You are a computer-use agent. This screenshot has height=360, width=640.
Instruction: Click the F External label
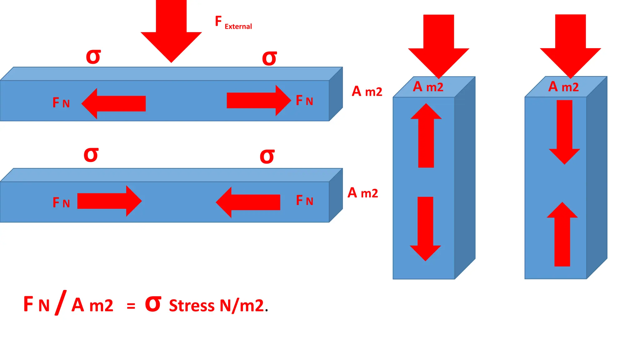(x=233, y=22)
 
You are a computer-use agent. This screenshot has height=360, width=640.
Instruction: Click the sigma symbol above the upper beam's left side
(x=93, y=57)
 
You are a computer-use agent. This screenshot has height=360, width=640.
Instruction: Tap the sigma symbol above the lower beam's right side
(x=267, y=156)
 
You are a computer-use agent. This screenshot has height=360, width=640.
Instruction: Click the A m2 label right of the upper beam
(x=367, y=91)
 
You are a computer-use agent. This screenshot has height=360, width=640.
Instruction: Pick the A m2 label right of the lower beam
(x=363, y=193)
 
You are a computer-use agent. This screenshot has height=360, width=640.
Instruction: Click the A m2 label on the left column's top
(x=428, y=87)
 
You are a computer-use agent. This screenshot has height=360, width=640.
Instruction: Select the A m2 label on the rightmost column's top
(x=563, y=87)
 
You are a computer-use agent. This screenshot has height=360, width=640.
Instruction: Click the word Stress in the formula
(x=192, y=306)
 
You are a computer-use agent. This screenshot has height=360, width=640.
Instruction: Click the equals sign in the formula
(x=131, y=306)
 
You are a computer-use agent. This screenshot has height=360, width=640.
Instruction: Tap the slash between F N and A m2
(x=60, y=302)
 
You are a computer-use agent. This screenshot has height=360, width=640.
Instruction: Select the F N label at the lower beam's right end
(x=304, y=200)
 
